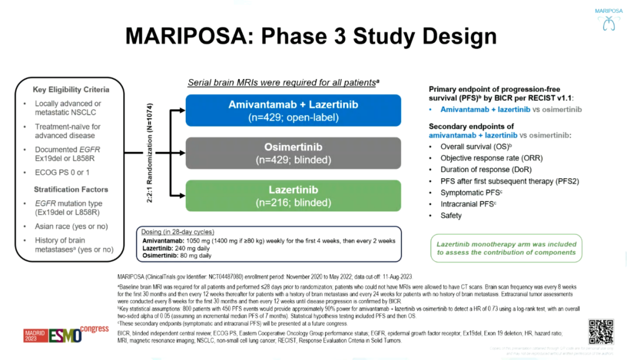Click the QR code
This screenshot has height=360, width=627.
tap(600, 331)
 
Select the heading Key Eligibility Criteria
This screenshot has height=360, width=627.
tap(71, 90)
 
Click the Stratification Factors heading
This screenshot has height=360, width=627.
tap(71, 189)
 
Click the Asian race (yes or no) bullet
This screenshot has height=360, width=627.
tap(71, 226)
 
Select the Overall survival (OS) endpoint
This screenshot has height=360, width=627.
tap(476, 147)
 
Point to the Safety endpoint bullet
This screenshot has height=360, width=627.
tap(451, 215)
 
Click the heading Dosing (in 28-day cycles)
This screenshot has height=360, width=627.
tap(178, 232)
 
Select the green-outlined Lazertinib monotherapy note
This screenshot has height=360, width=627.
tap(506, 248)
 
